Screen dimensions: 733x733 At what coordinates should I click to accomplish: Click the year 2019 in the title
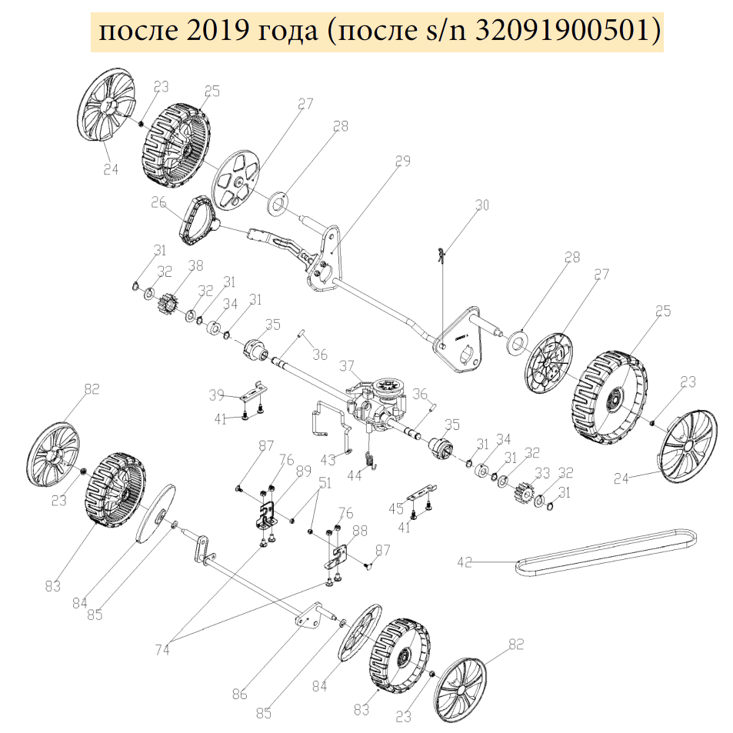click(x=218, y=32)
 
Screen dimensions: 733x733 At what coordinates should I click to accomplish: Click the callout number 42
click(x=465, y=561)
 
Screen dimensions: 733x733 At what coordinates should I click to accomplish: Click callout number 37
click(x=346, y=366)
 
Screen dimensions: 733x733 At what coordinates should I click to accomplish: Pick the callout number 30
click(x=482, y=205)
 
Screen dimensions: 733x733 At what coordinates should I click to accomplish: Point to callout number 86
click(x=240, y=695)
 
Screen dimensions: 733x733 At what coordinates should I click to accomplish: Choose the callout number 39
click(x=217, y=395)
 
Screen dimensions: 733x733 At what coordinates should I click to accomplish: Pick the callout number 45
click(x=396, y=508)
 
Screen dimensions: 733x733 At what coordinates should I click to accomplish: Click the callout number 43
click(x=328, y=459)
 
